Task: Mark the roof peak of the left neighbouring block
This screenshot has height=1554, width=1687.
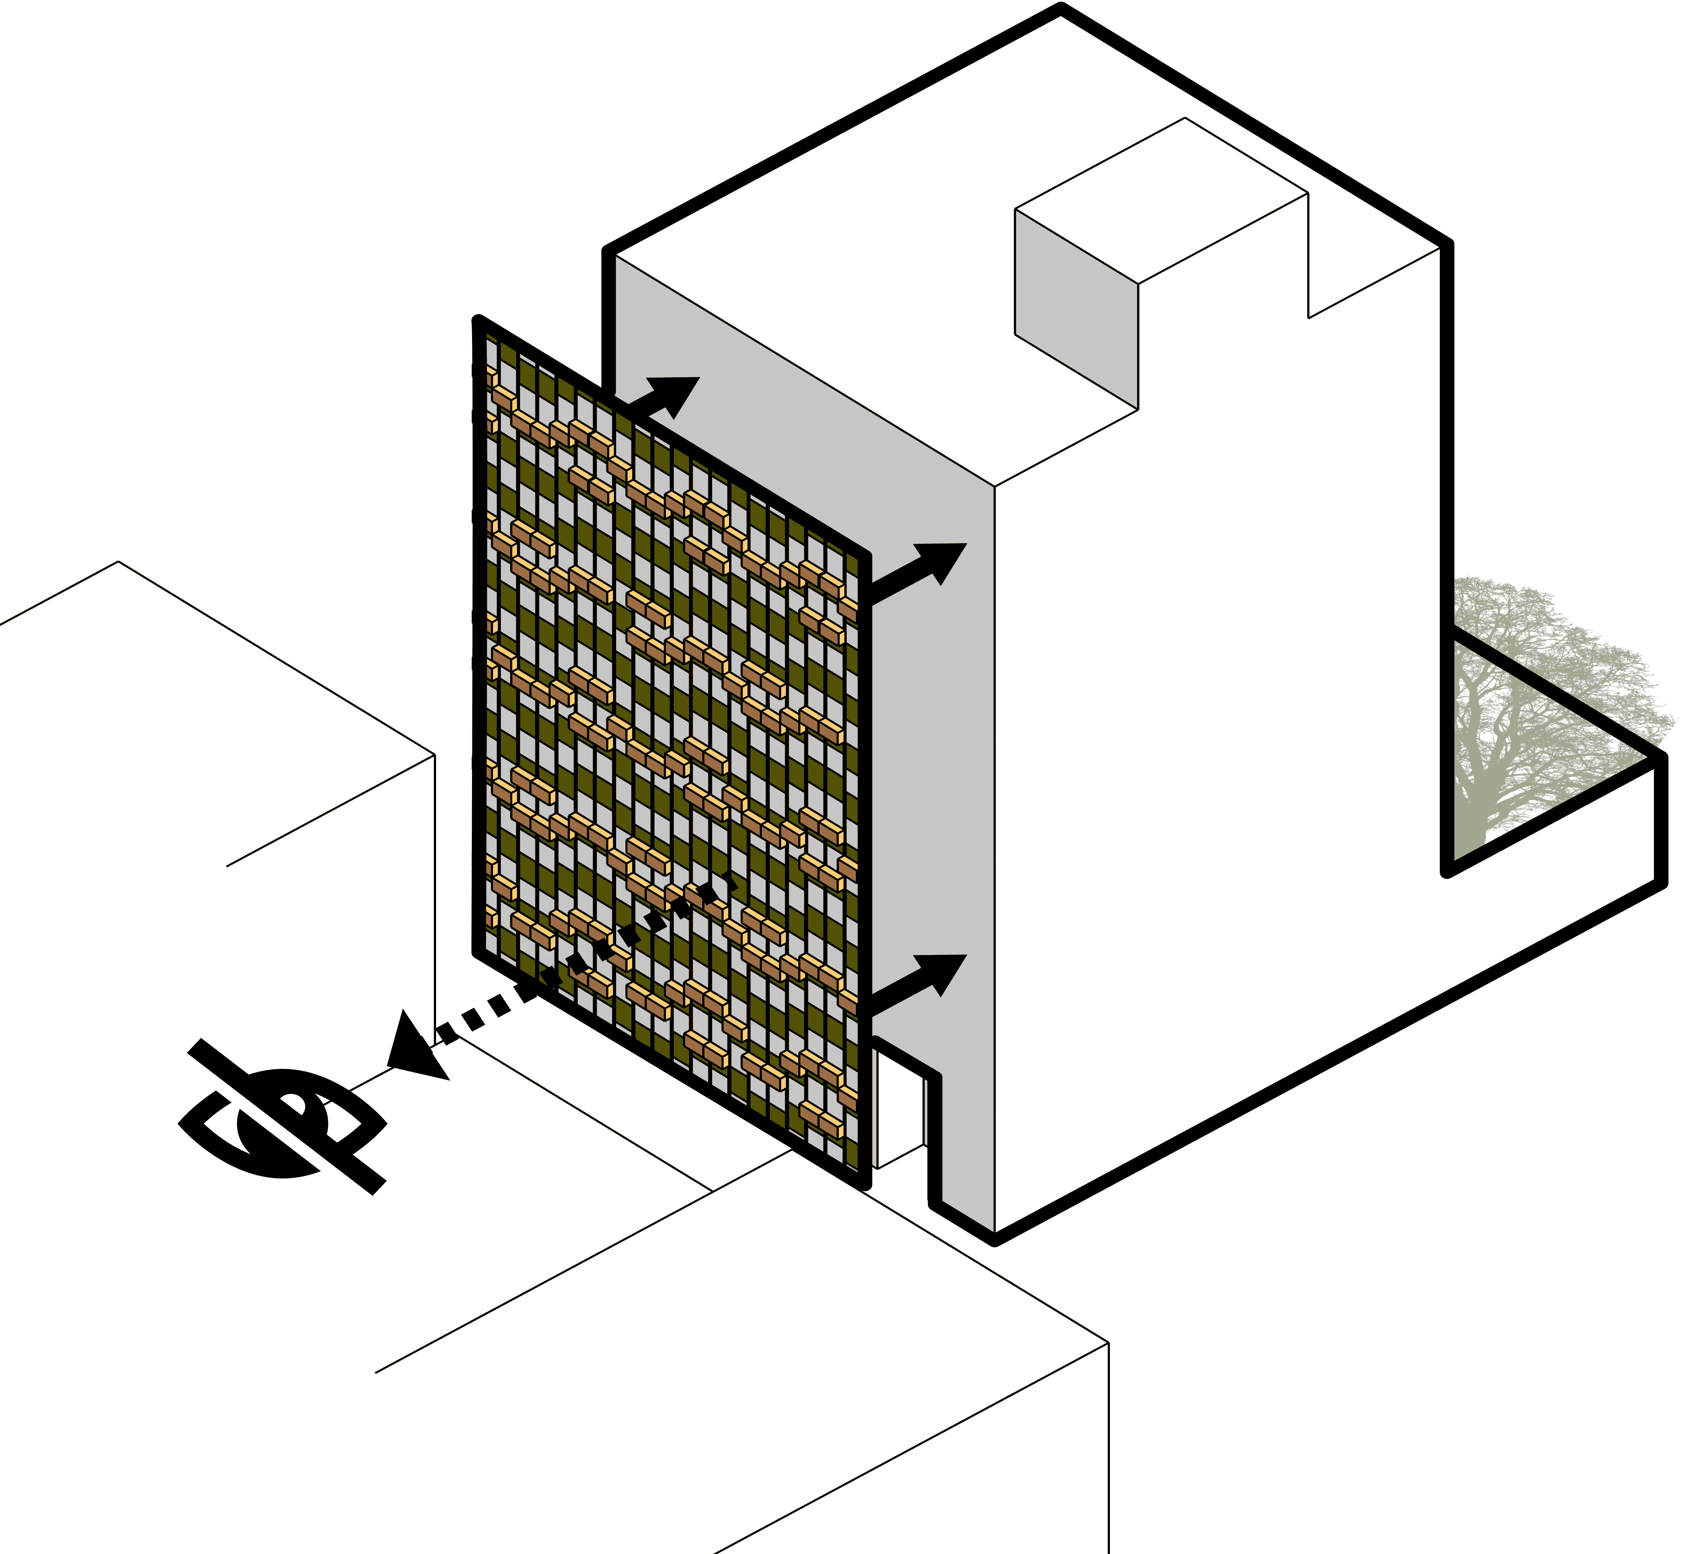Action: tap(118, 562)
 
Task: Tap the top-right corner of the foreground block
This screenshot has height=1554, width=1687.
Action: tap(1108, 1344)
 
